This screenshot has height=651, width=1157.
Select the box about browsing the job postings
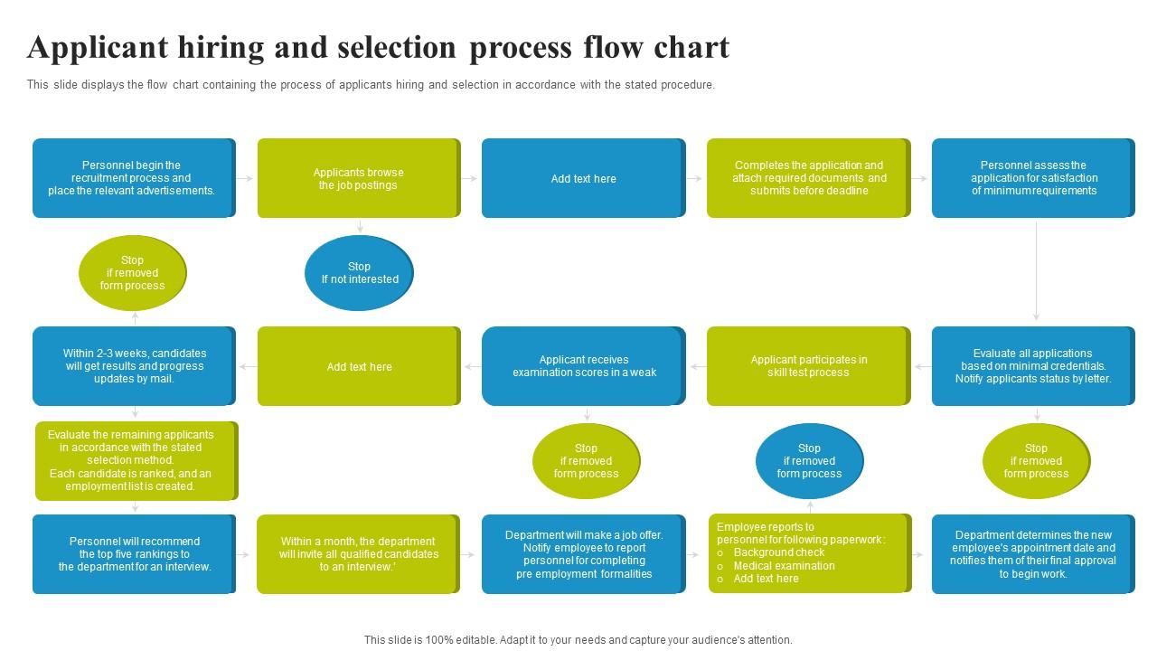[359, 178]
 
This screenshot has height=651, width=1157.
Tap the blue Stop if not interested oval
[359, 273]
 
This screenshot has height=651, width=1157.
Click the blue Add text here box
[583, 178]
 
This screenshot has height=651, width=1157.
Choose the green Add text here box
[359, 366]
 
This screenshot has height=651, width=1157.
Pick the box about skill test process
[808, 366]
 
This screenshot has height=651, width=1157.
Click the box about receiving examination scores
[583, 366]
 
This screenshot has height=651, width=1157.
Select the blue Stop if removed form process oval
[809, 461]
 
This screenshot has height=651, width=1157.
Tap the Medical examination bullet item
[784, 566]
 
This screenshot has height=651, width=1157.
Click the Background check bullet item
[779, 552]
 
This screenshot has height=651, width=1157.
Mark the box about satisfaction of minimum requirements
[1033, 178]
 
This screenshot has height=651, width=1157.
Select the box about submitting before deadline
[808, 178]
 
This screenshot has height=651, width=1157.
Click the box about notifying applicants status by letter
[1033, 366]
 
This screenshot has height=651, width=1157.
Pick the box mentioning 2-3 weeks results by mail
[134, 366]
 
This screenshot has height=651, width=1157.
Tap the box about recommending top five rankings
[134, 554]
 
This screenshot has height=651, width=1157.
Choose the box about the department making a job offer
[583, 554]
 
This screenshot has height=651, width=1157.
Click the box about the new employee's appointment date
[1033, 554]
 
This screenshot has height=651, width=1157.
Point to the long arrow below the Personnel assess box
[1036, 271]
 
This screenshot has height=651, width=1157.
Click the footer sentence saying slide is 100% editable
[578, 640]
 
